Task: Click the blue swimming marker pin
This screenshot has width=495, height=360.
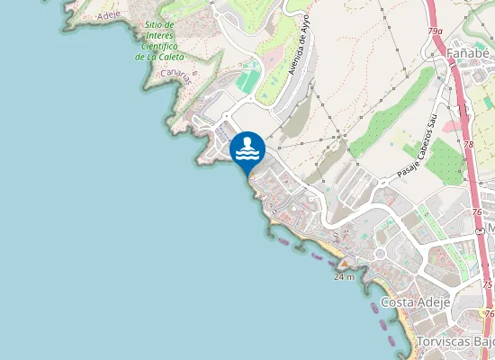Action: pyautogui.click(x=247, y=149)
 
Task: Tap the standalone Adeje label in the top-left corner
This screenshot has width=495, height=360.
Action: pyautogui.click(x=107, y=15)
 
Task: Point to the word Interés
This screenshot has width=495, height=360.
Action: pyautogui.click(x=160, y=35)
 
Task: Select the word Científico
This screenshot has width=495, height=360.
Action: pyautogui.click(x=158, y=46)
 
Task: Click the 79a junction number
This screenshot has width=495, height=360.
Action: pyautogui.click(x=436, y=31)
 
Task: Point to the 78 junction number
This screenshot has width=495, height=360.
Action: pyautogui.click(x=469, y=144)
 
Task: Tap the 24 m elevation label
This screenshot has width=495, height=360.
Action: pyautogui.click(x=343, y=277)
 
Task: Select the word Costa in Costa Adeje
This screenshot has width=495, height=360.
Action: pyautogui.click(x=398, y=301)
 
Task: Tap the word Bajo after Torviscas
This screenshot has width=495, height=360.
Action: pyautogui.click(x=483, y=342)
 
